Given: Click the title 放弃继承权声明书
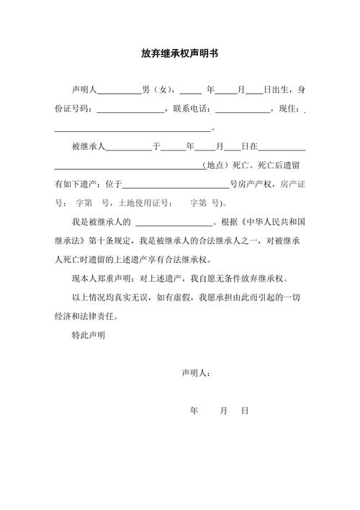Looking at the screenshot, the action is (180, 53).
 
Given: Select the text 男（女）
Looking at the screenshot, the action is (158, 90).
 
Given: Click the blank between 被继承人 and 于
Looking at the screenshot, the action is (129, 148).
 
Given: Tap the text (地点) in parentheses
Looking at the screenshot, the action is (217, 165).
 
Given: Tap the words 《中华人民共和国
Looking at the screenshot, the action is (274, 221).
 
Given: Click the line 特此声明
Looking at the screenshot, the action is (89, 335).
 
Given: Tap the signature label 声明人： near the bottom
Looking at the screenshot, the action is (196, 372).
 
